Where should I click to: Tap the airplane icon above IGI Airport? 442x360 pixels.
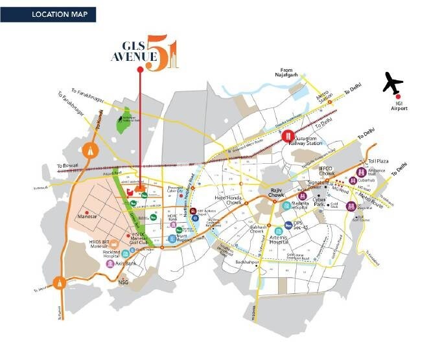point(393,83)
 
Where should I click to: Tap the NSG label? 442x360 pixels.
point(124,282)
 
